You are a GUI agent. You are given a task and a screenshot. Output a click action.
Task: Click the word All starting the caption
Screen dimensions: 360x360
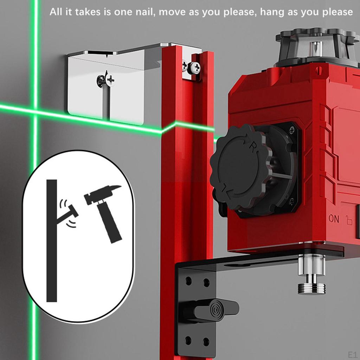point(55,12)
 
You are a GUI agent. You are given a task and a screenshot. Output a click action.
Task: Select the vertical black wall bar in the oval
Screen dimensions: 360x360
point(52,240)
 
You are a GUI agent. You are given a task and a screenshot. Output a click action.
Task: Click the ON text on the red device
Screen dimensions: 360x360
point(334,219)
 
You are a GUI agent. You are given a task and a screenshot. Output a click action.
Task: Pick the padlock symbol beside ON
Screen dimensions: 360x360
point(348,220)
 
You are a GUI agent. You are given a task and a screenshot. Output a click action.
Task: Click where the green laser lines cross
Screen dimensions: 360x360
point(35,111)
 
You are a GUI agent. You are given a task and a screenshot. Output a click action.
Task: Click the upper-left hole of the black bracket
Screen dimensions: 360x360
point(189,281)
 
